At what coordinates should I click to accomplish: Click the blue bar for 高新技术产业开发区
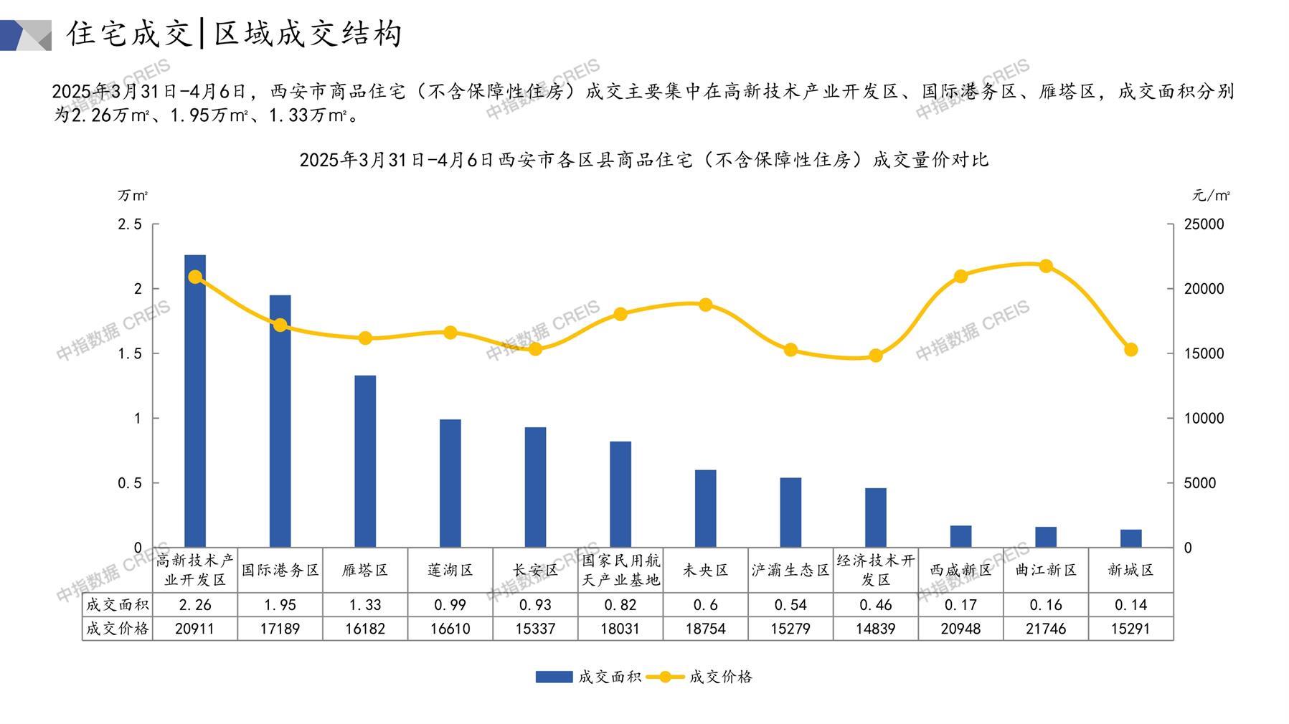(195, 401)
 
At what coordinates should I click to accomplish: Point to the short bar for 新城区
(1130, 538)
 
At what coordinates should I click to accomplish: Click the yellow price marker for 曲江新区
(1046, 266)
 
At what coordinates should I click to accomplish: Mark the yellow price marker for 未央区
(706, 305)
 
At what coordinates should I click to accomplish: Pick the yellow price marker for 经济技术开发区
(876, 356)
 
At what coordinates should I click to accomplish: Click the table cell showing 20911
(195, 629)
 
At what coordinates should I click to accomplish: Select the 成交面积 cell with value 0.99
(450, 605)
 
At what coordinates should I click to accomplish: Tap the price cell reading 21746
(1046, 629)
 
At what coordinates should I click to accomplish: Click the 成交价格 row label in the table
(118, 629)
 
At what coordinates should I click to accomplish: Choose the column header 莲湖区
(450, 570)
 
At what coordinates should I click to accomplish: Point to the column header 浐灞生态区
(790, 570)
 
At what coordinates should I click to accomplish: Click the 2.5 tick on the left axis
(130, 224)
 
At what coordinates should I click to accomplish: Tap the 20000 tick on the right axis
(1204, 289)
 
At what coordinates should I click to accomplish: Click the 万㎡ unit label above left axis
(133, 195)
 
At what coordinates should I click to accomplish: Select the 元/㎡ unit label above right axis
(1211, 195)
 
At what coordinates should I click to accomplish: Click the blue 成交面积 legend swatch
(554, 677)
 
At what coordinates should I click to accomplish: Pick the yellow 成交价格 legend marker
(665, 677)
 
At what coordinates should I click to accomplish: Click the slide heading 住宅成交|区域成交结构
(235, 34)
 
